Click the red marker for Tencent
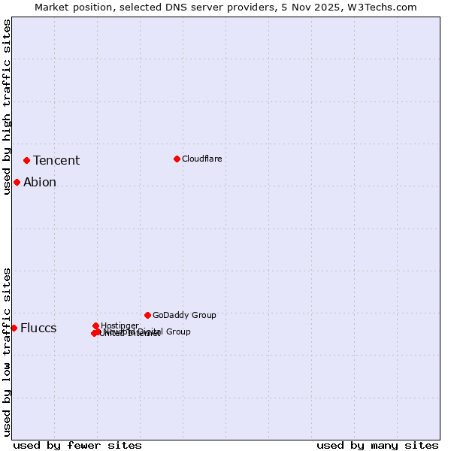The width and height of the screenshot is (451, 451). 26,160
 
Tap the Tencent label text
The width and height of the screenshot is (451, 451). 56,160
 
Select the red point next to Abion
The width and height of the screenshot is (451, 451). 17,182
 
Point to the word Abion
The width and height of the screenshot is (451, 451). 40,182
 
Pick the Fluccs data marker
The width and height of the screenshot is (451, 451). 14,328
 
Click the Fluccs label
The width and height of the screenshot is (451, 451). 38,328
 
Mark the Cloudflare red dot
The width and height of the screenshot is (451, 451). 177,159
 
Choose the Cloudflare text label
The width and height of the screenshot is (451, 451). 201,159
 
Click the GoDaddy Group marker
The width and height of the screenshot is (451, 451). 147,315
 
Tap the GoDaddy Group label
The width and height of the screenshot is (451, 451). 184,315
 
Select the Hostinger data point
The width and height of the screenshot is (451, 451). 95,325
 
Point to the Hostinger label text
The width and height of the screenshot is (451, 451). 120,325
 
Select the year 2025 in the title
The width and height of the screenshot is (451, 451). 330,7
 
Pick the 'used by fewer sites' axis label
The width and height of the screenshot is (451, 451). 77,445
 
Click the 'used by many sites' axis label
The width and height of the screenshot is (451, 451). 377,445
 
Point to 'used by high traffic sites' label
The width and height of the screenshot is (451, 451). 7,107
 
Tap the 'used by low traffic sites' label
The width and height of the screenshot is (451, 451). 7,351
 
